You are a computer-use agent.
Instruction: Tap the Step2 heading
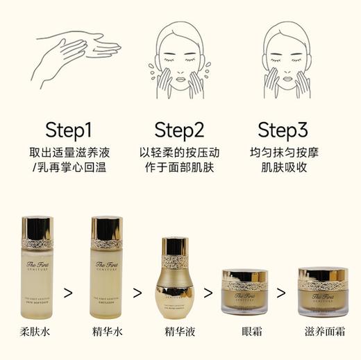click(x=178, y=130)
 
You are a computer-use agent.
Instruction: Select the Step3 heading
click(x=282, y=130)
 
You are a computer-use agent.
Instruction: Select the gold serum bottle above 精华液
click(x=175, y=277)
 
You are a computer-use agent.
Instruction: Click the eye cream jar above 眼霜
click(x=244, y=292)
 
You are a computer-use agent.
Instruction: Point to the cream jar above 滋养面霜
click(x=323, y=292)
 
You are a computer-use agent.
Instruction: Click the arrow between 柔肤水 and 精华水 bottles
click(x=69, y=291)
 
